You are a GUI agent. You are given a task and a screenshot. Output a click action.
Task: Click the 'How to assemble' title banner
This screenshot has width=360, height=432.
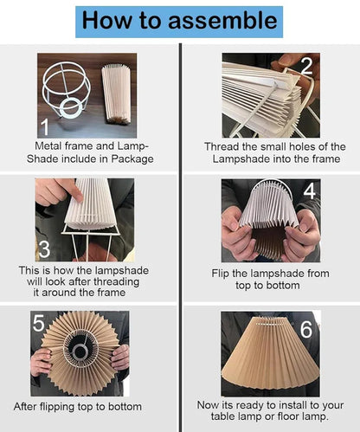point(179,20)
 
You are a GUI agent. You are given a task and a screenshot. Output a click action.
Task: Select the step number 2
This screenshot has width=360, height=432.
point(305,67)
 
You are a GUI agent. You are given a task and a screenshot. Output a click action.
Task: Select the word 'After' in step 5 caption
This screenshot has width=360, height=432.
point(29,405)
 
